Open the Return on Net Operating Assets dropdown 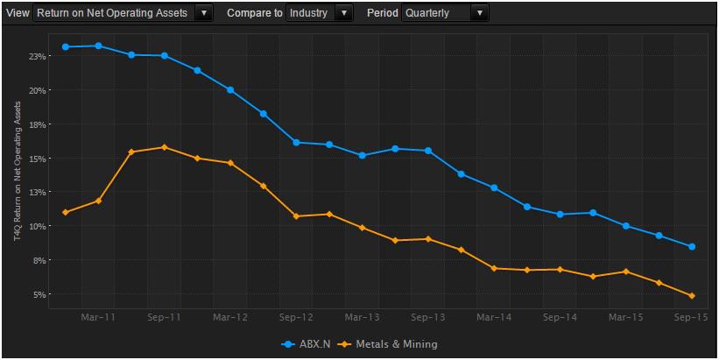coord(123,13)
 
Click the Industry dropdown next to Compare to coord(319,13)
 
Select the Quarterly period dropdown coord(445,13)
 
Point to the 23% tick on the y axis coord(37,56)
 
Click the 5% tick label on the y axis coord(39,294)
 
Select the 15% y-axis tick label coord(37,159)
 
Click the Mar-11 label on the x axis coord(98,315)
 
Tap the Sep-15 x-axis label coord(692,315)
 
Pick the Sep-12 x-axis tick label coord(296,315)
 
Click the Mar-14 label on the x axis coord(494,315)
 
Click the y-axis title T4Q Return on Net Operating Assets coord(16,175)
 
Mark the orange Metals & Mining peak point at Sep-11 coord(165,147)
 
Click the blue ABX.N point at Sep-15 coord(692,247)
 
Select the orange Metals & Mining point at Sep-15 coord(692,296)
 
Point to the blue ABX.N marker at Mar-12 coord(230,90)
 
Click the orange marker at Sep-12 coord(296,216)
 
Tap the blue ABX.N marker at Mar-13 coord(362,156)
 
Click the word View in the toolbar coord(18,13)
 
